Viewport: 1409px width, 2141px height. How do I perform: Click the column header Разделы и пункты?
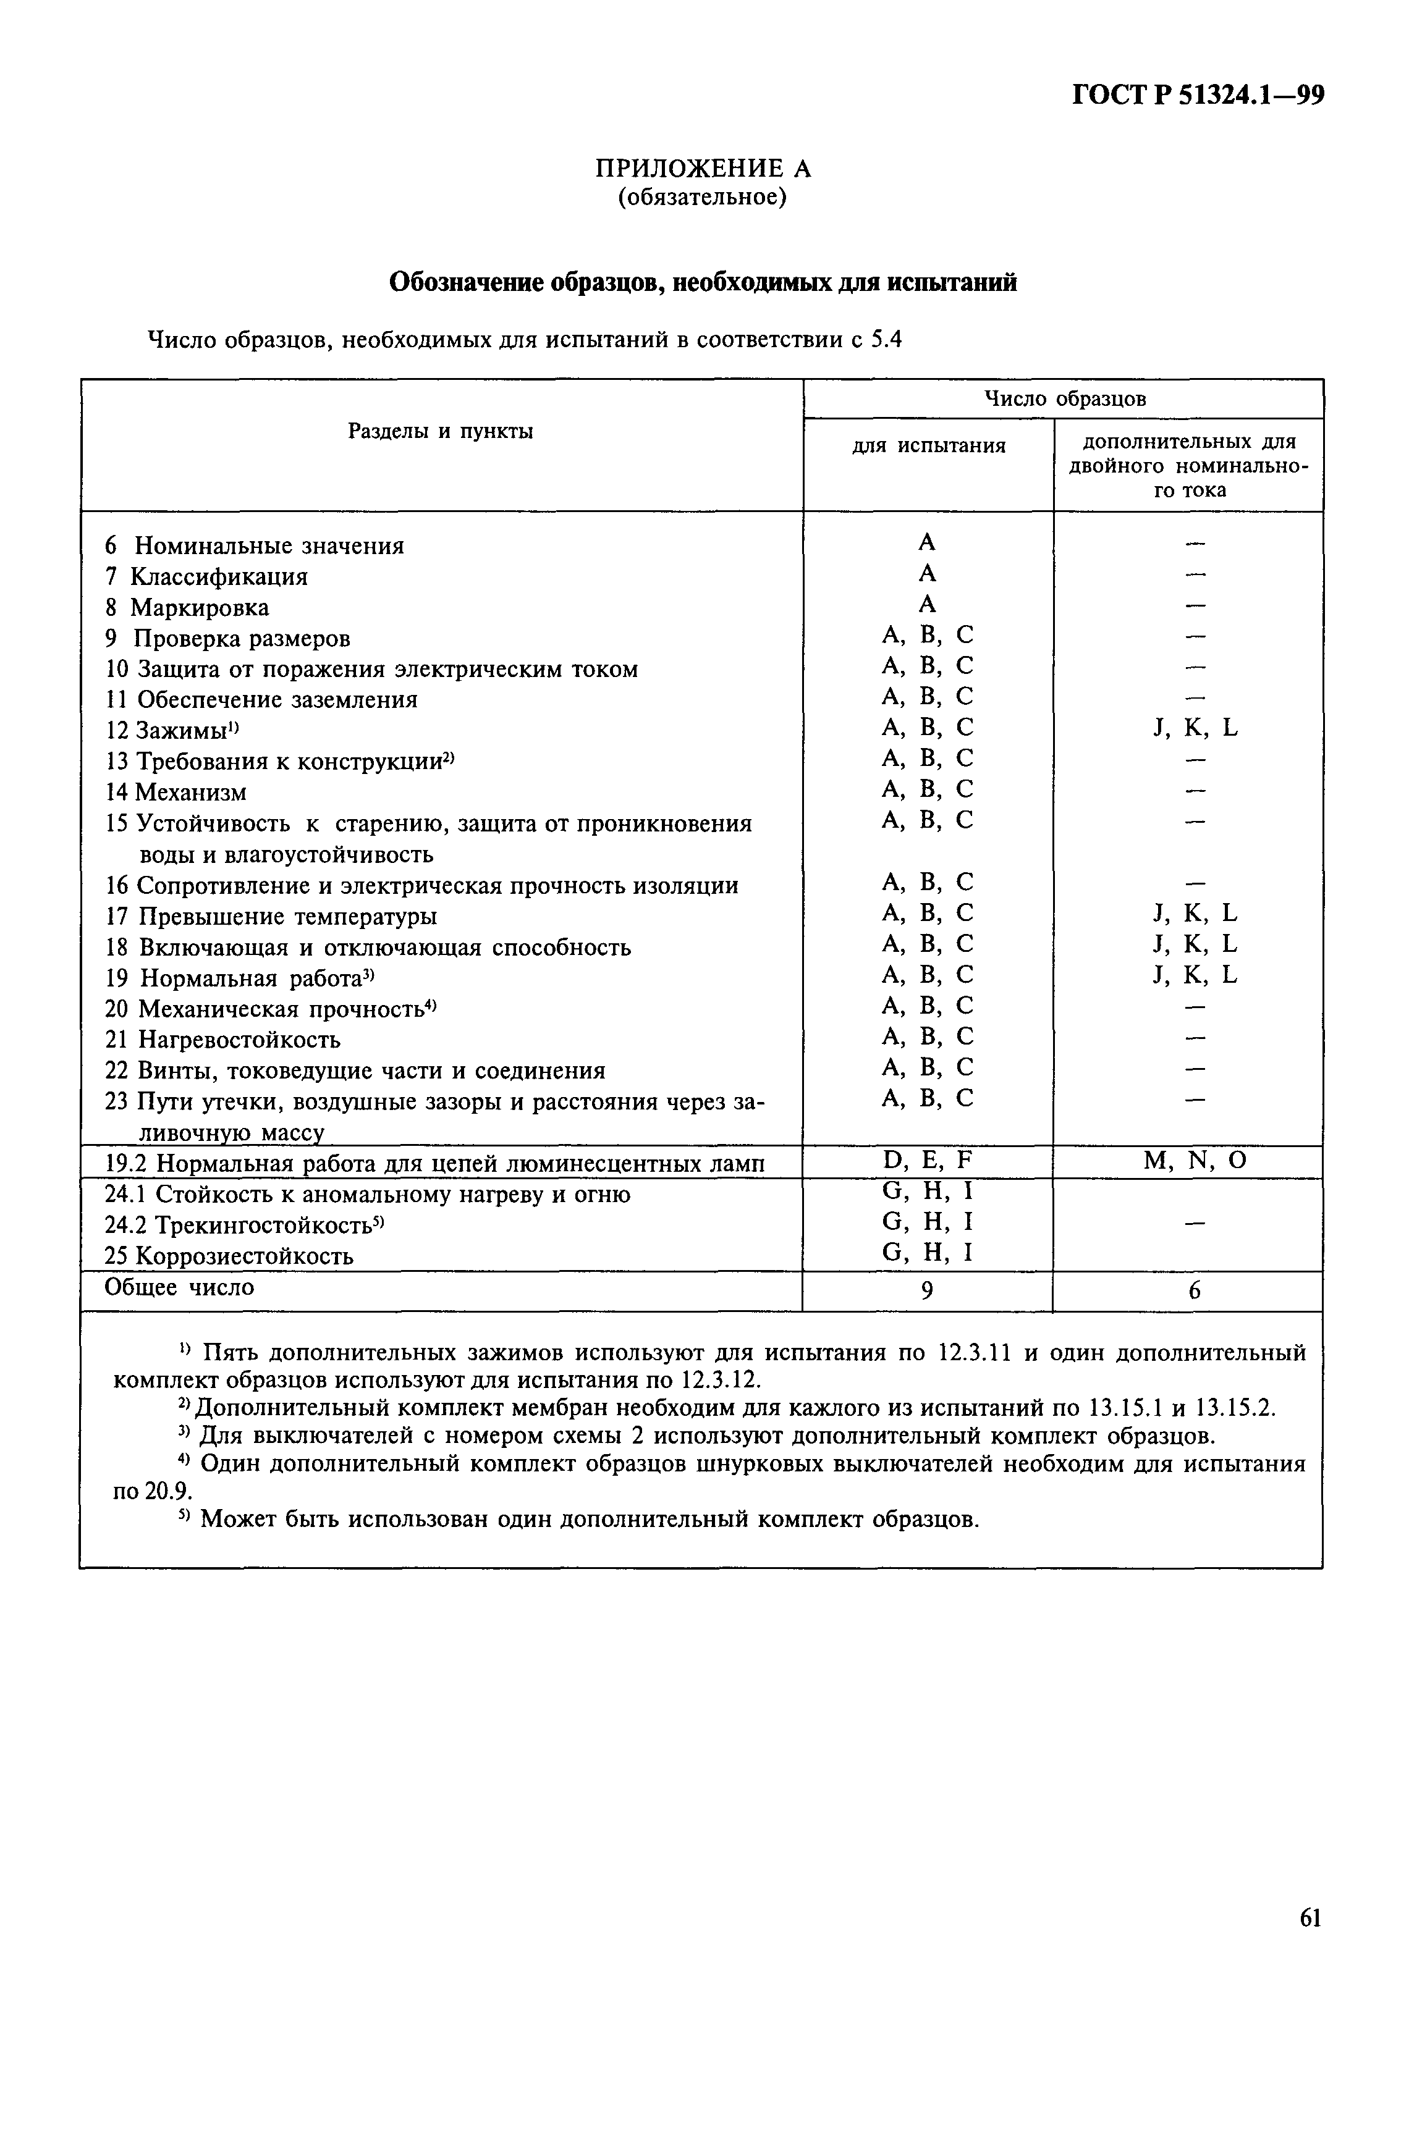[x=440, y=432]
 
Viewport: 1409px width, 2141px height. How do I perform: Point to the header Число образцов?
[x=1064, y=398]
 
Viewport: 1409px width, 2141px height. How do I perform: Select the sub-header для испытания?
[x=929, y=445]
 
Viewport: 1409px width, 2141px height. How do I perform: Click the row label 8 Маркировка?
[x=187, y=607]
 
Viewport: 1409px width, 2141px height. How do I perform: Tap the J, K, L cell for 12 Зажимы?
[x=1195, y=728]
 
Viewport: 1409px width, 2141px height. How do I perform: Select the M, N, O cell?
[x=1195, y=1161]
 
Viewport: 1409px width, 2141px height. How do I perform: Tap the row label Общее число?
[x=180, y=1287]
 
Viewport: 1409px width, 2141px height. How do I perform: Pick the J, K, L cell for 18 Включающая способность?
[x=1195, y=944]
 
